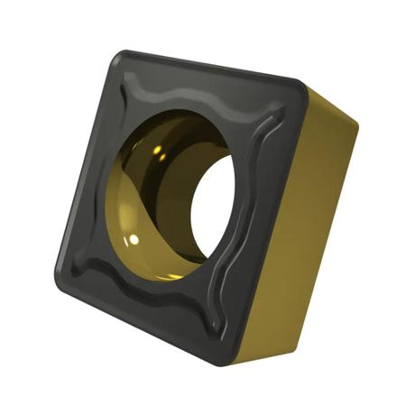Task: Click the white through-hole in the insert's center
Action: tap(214, 208)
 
